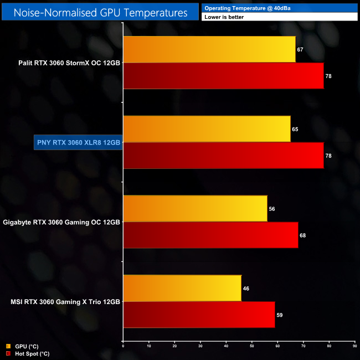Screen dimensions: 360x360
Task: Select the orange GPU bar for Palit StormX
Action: pyautogui.click(x=209, y=49)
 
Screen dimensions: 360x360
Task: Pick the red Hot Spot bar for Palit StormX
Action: pyautogui.click(x=223, y=75)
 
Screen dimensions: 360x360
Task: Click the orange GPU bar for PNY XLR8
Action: pyautogui.click(x=207, y=128)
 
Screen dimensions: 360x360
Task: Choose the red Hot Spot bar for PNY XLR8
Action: pyautogui.click(x=223, y=155)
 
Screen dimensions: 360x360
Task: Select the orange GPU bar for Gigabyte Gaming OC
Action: pyautogui.click(x=195, y=208)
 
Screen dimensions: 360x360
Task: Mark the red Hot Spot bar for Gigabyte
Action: pyautogui.click(x=210, y=235)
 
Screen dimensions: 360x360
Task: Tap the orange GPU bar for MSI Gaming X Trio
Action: pyautogui.click(x=182, y=288)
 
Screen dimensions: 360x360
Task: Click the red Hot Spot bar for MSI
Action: pyautogui.click(x=199, y=315)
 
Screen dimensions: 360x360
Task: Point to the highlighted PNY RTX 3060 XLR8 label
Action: pyautogui.click(x=78, y=142)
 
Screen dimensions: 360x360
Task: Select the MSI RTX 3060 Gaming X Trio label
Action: pyautogui.click(x=65, y=302)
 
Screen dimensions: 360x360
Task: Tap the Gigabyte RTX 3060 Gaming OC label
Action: pyautogui.click(x=61, y=222)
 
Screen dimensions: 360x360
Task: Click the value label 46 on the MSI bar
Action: pyautogui.click(x=246, y=289)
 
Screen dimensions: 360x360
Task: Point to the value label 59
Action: pyautogui.click(x=280, y=315)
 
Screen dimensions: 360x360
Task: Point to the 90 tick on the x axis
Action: pyautogui.click(x=354, y=346)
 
